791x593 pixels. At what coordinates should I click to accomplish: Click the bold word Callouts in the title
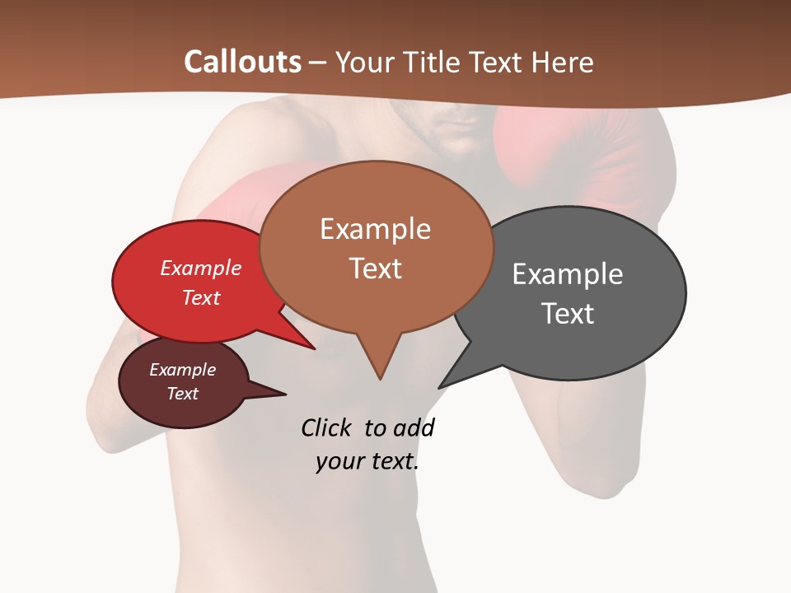[243, 62]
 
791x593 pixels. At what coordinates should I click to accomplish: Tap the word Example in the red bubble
[201, 268]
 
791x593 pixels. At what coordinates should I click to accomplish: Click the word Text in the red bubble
[201, 297]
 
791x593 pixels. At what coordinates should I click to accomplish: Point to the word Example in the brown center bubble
[375, 229]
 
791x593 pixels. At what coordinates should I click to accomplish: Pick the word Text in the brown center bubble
[376, 268]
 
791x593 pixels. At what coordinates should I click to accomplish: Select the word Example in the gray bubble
[568, 273]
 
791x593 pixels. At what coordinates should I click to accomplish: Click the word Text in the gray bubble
[568, 313]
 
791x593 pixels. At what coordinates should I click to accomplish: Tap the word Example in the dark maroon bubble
[183, 370]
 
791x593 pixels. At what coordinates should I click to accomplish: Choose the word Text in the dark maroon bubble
[183, 394]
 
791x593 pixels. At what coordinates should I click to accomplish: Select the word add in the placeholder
[414, 428]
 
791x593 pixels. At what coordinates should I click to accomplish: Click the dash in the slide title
[318, 62]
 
